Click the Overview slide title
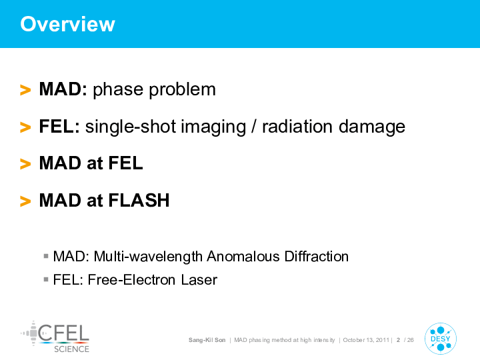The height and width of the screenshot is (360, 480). click(x=67, y=24)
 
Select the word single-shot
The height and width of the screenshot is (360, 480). click(x=131, y=127)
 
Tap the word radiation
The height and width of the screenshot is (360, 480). click(x=297, y=127)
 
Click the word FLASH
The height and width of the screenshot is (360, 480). click(x=139, y=201)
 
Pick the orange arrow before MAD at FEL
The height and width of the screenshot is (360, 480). click(x=25, y=164)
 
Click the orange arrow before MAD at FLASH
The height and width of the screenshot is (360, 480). click(x=25, y=201)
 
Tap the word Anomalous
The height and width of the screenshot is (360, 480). click(x=243, y=257)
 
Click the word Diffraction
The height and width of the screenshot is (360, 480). click(x=317, y=257)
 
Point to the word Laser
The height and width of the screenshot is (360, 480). click(x=199, y=280)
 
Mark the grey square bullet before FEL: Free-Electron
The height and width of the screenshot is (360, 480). click(x=46, y=279)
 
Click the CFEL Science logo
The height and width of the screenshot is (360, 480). click(x=55, y=337)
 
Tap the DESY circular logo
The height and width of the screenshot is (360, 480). click(x=441, y=339)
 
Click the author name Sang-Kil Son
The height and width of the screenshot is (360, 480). click(x=207, y=340)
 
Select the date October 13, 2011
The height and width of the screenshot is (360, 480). click(x=366, y=340)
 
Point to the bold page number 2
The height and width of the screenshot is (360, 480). click(x=398, y=340)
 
